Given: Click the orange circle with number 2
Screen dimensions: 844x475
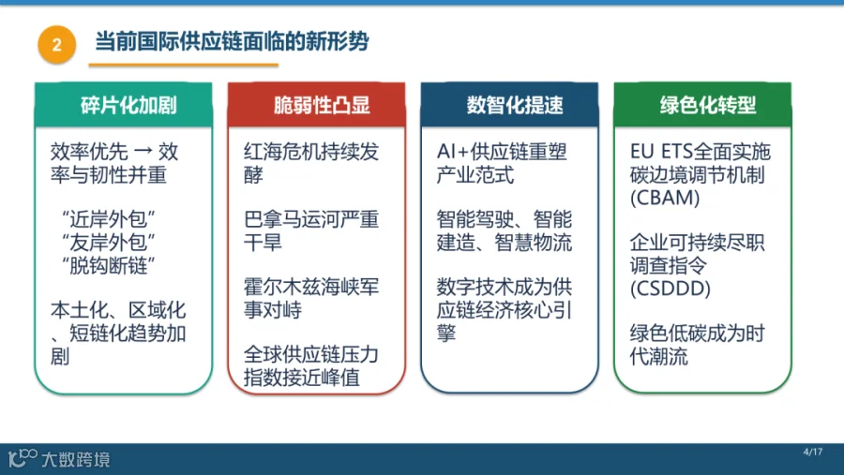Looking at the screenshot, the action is pos(56,45).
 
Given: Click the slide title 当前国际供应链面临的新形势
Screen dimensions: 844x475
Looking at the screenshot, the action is pos(232,41).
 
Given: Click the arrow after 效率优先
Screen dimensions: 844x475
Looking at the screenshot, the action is pos(143,152).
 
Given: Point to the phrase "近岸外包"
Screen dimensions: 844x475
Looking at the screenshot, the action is pos(109,219).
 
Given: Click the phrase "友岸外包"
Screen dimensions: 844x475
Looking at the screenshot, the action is pos(109,243).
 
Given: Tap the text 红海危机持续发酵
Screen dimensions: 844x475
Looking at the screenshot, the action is pos(311,163).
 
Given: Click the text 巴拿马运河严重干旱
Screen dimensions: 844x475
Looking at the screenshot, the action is pos(311,230).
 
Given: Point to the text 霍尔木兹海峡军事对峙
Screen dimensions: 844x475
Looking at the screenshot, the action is pos(311,299).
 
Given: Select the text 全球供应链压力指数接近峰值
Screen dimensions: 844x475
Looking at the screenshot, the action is pos(311,365).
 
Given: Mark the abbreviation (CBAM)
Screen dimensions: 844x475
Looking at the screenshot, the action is pos(665,198).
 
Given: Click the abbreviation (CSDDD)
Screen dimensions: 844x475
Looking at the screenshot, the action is pos(671,289).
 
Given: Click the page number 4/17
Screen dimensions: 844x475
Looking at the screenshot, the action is pos(813,452).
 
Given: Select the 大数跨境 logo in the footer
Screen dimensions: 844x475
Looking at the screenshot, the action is pos(59,458).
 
